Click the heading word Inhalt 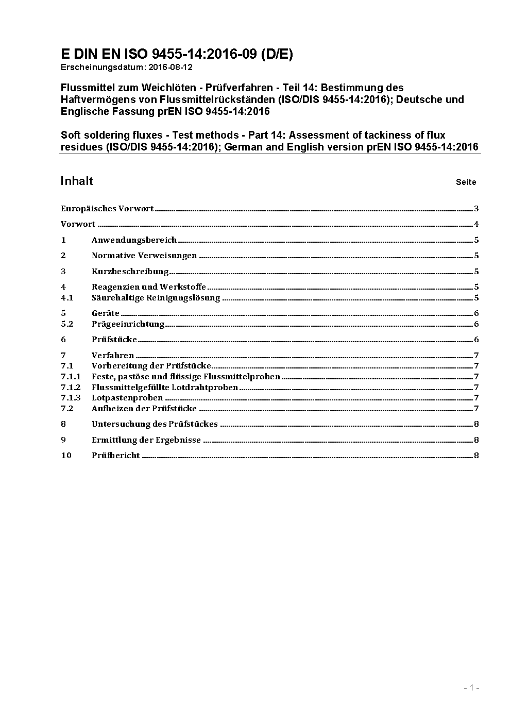pyautogui.click(x=77, y=181)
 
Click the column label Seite pyautogui.click(x=466, y=182)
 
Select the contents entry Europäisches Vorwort pyautogui.click(x=107, y=209)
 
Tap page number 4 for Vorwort pyautogui.click(x=476, y=224)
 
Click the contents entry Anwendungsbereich pyautogui.click(x=134, y=240)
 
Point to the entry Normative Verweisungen pyautogui.click(x=144, y=256)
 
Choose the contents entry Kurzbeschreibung pyautogui.click(x=130, y=272)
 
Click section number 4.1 pyautogui.click(x=67, y=298)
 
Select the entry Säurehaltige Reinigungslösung pyautogui.click(x=156, y=298)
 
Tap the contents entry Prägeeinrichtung pyautogui.click(x=128, y=324)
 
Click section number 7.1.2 pyautogui.click(x=71, y=388)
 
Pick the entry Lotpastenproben pyautogui.click(x=127, y=398)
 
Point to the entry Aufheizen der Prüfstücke pyautogui.click(x=144, y=409)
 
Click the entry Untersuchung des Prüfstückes pyautogui.click(x=155, y=424)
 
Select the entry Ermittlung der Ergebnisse pyautogui.click(x=146, y=440)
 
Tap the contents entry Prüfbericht pyautogui.click(x=116, y=456)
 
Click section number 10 pyautogui.click(x=66, y=456)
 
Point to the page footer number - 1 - pyautogui.click(x=471, y=687)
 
